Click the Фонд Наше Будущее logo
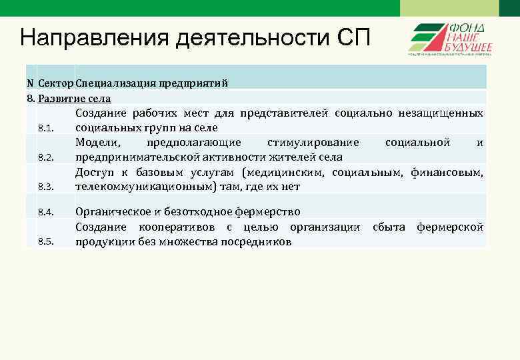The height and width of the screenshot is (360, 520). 450,39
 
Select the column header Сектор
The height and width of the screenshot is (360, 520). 56,83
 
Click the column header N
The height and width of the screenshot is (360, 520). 30,83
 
